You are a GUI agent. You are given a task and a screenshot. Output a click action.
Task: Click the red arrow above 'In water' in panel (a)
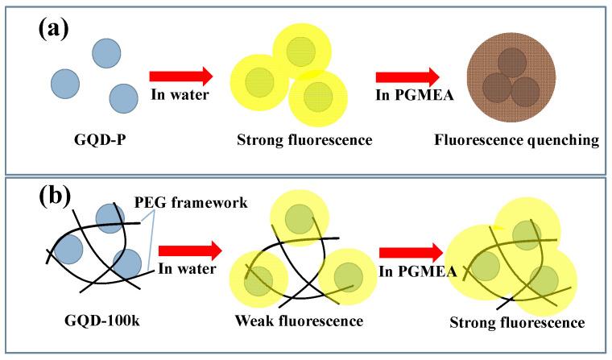[181, 77]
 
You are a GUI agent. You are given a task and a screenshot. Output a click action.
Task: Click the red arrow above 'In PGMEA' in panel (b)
[416, 251]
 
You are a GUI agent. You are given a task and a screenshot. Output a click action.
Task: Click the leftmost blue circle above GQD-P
[64, 82]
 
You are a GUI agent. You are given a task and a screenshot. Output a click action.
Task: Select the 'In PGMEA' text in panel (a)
[407, 95]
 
